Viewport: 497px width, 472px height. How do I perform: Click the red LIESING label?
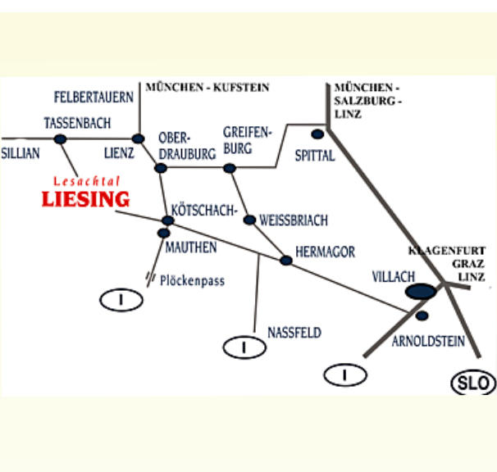pos(85,198)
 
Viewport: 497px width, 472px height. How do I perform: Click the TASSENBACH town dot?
pos(60,138)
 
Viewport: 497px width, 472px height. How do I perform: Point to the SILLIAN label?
pos(20,153)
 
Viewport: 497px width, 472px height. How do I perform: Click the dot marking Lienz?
pos(138,138)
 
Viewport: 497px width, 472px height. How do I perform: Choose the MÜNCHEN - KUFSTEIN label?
pos(207,87)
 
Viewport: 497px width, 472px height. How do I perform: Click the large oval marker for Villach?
pos(420,291)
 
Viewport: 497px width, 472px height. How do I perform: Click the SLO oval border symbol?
pos(474,383)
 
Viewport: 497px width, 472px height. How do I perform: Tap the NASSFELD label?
pos(294,333)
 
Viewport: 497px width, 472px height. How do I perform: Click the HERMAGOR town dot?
pos(285,261)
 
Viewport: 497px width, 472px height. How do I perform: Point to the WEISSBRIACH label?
pos(293,220)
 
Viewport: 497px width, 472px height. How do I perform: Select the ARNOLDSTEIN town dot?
pos(422,315)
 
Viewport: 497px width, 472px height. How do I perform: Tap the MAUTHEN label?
pos(190,246)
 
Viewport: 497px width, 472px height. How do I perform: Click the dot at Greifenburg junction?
pos(230,168)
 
